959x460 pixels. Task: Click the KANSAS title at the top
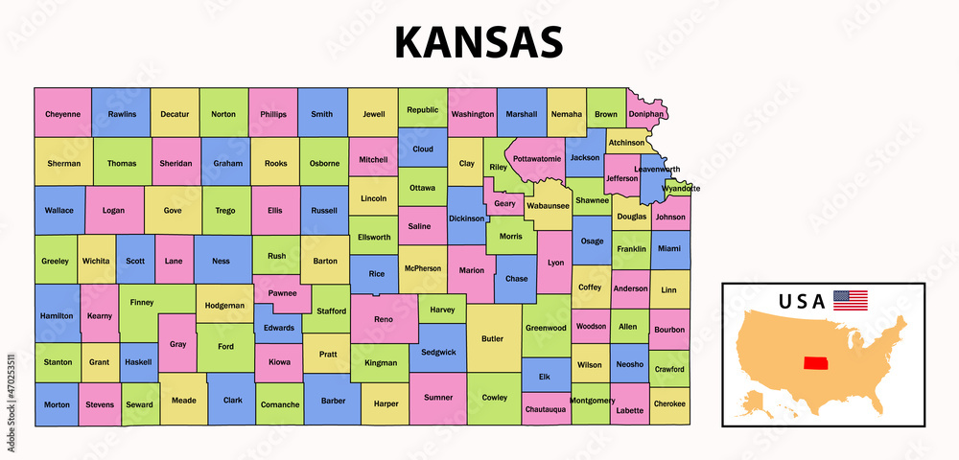point(479,42)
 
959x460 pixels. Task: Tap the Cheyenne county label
point(62,114)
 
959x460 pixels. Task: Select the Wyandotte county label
point(681,188)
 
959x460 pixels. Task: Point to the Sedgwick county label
point(437,352)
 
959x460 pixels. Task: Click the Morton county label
point(57,404)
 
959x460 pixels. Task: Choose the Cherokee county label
point(669,403)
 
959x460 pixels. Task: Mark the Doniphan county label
point(647,114)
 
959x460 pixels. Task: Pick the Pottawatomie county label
point(536,158)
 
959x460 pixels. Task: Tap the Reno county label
point(383,318)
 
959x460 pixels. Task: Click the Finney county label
point(142,302)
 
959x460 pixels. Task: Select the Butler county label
point(492,337)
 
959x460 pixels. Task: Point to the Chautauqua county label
point(546,409)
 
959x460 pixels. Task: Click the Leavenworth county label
point(657,170)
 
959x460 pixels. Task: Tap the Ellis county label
point(275,210)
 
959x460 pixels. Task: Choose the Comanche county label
point(280,404)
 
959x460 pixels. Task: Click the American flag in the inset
point(850,300)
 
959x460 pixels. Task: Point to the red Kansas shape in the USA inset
point(818,365)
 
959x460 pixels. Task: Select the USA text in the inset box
point(801,301)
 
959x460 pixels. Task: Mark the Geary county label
point(504,203)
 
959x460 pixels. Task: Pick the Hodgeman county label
point(225,306)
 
